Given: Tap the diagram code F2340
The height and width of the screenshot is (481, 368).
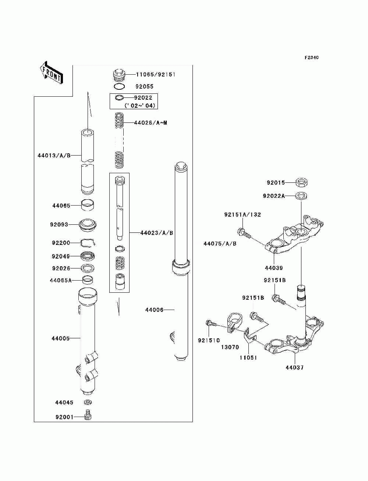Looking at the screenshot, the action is pyautogui.click(x=311, y=58).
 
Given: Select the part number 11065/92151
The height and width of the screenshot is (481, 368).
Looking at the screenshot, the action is pyautogui.click(x=156, y=75).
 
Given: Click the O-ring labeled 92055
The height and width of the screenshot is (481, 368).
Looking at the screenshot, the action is pyautogui.click(x=119, y=86).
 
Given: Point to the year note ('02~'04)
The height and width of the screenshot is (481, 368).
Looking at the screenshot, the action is pyautogui.click(x=140, y=106).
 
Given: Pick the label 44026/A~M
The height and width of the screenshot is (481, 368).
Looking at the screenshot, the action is pyautogui.click(x=151, y=123).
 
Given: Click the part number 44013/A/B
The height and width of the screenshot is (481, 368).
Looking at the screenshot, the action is pyautogui.click(x=54, y=155).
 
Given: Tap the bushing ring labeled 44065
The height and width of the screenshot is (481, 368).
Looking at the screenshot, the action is pyautogui.click(x=88, y=205).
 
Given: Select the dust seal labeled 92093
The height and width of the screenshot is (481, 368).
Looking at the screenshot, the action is pyautogui.click(x=88, y=225).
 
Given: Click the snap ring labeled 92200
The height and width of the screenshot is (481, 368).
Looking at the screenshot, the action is pyautogui.click(x=88, y=243).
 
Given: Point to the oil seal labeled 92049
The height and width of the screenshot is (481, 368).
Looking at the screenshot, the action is pyautogui.click(x=88, y=256).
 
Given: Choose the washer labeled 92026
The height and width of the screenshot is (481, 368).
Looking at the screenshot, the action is pyautogui.click(x=88, y=268).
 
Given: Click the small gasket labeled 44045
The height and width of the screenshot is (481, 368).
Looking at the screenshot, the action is pyautogui.click(x=88, y=402).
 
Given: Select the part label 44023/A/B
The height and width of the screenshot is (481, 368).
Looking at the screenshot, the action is pyautogui.click(x=157, y=233).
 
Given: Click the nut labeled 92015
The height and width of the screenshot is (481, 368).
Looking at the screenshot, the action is pyautogui.click(x=301, y=182).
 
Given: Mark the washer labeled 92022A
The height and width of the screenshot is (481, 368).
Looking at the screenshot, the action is pyautogui.click(x=301, y=196).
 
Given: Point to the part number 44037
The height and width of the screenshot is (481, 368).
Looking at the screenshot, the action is pyautogui.click(x=294, y=367).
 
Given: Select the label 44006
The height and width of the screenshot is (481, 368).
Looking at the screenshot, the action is pyautogui.click(x=154, y=310).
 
